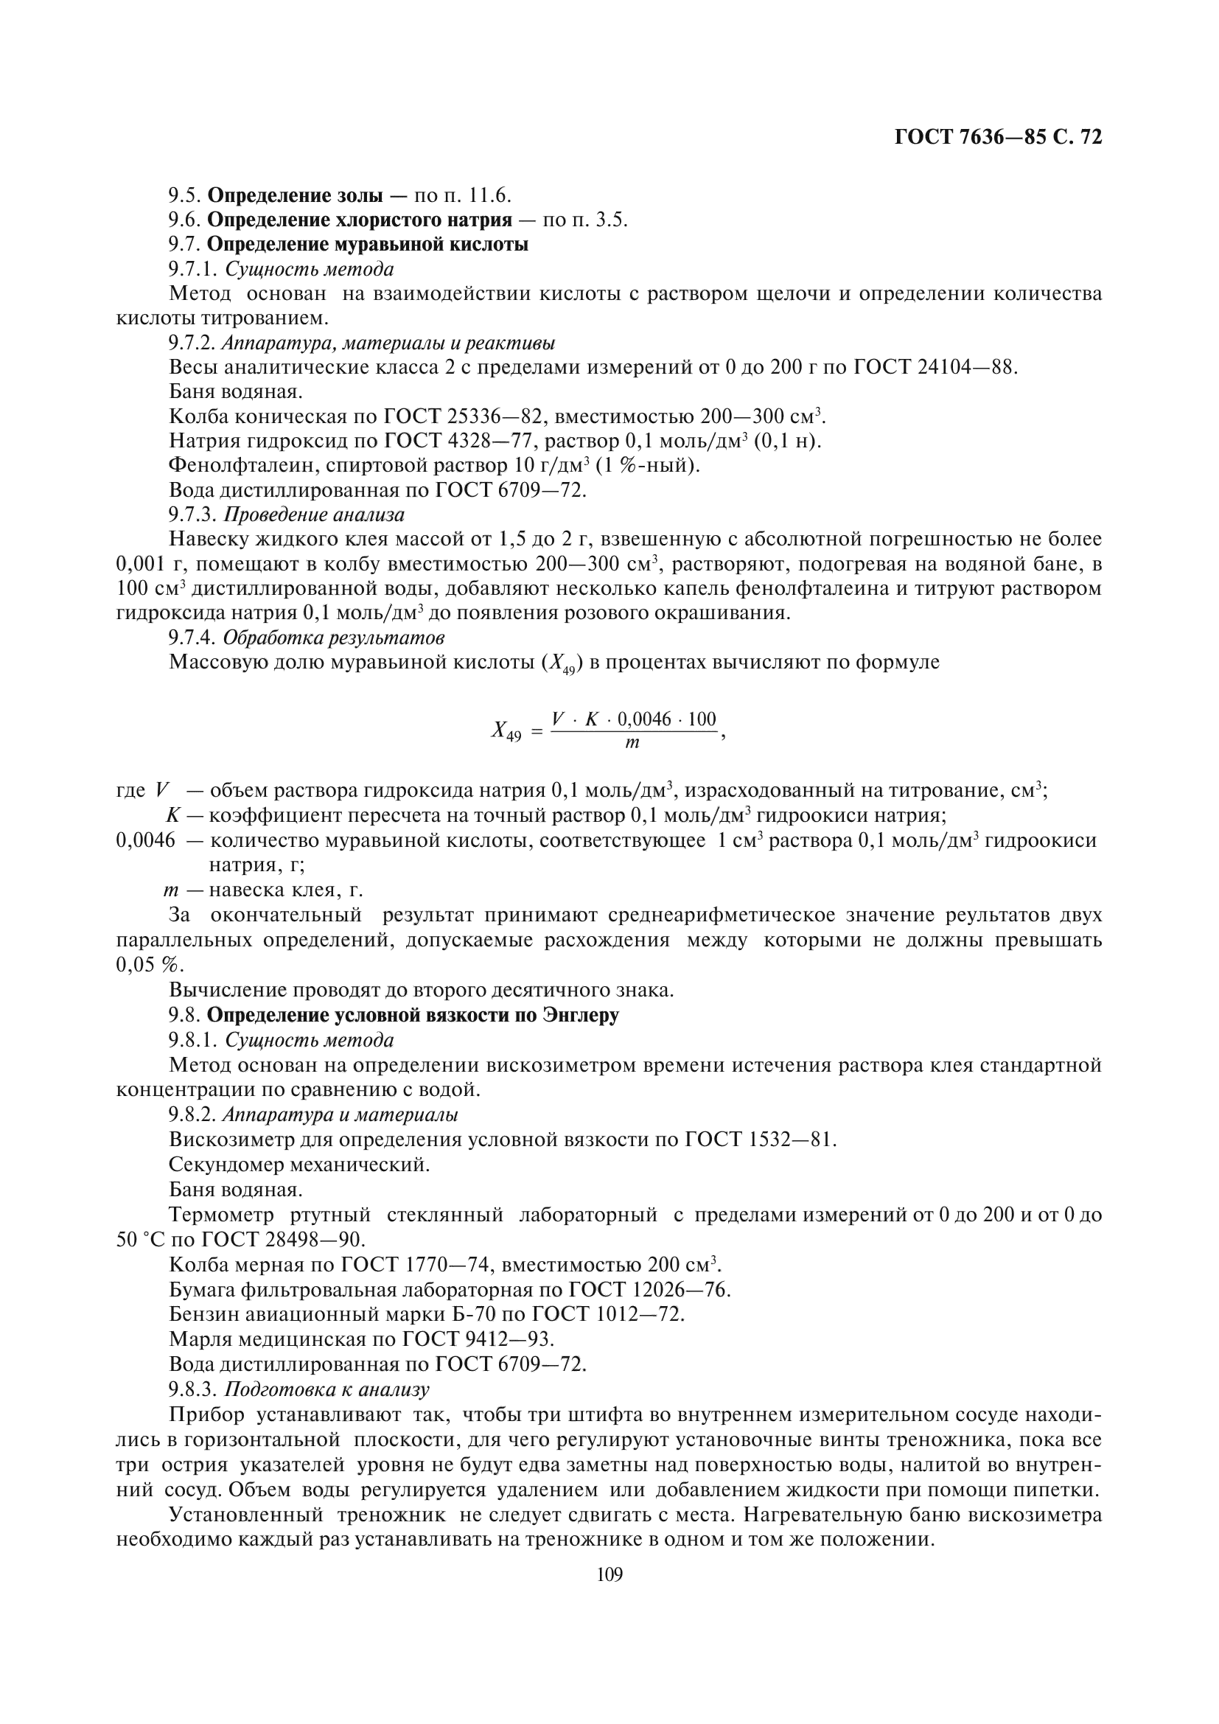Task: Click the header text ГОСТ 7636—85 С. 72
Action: click(x=999, y=137)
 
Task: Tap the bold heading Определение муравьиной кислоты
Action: click(x=367, y=245)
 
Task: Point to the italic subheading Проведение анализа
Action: click(x=315, y=515)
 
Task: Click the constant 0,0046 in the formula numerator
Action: click(x=644, y=719)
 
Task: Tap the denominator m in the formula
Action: click(x=632, y=744)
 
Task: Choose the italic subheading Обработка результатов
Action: click(x=334, y=638)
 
